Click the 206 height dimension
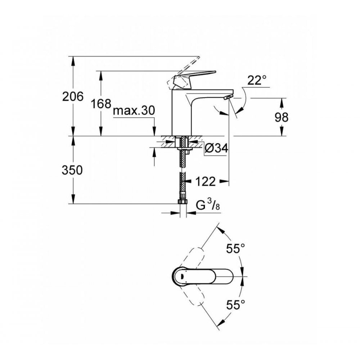click(73, 96)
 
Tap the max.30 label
click(134, 111)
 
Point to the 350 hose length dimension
click(73, 170)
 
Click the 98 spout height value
click(281, 117)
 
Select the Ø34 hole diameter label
click(216, 148)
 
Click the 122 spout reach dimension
click(206, 181)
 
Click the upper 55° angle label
click(235, 248)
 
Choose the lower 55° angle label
click(235, 305)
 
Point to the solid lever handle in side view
click(194, 76)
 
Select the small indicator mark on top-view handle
click(182, 276)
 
